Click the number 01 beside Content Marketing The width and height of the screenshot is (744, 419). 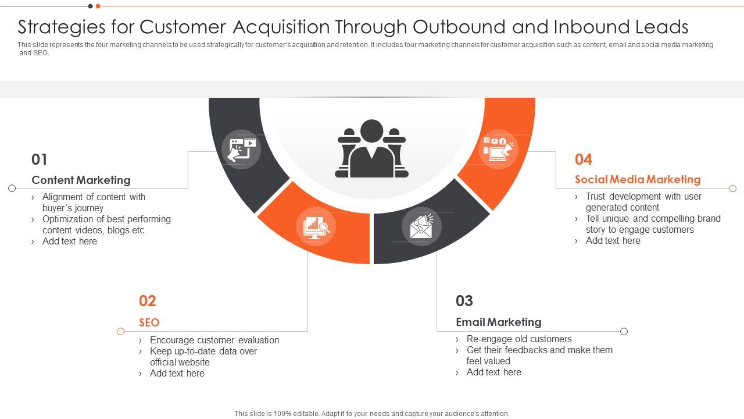[x=40, y=159]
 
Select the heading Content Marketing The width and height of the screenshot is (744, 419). [x=81, y=180]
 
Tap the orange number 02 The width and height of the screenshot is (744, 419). [x=148, y=301]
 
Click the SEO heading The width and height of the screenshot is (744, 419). [x=149, y=322]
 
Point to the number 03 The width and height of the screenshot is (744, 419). [x=464, y=301]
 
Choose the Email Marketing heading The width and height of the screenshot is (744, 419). [x=498, y=322]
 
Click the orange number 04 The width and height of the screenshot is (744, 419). [x=584, y=159]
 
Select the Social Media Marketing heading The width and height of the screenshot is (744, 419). [x=638, y=179]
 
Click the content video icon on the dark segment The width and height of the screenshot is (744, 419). [x=242, y=150]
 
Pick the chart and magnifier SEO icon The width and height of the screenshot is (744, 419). [x=316, y=227]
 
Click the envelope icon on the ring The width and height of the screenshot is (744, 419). [x=421, y=226]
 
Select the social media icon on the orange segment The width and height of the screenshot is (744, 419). [x=498, y=149]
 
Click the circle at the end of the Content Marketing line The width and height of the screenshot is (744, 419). [x=12, y=188]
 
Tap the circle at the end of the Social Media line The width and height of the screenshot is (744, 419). [x=732, y=189]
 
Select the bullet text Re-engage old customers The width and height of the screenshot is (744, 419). [x=519, y=339]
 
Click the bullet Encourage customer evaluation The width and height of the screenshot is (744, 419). [x=214, y=340]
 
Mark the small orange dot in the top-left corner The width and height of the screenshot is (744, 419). [x=98, y=6]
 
